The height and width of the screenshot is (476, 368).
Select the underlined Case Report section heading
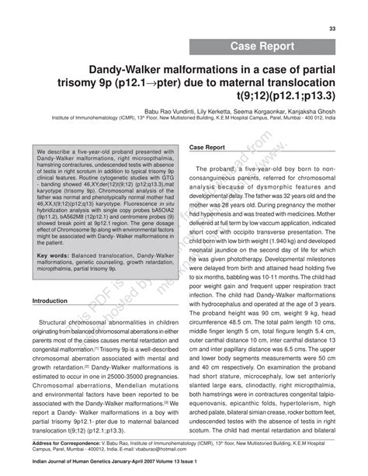207,147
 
